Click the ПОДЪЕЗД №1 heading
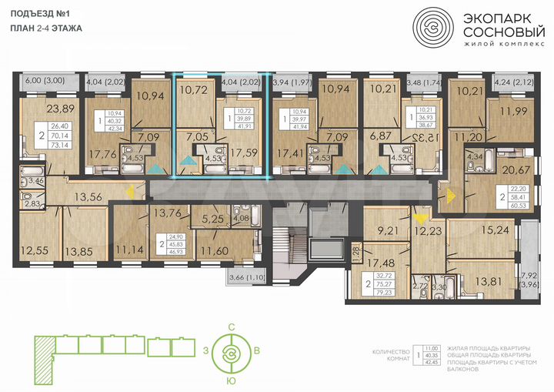[x=39, y=12]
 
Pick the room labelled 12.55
[x=37, y=250]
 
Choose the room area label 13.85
[x=79, y=250]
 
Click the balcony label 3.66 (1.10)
[x=244, y=276]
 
